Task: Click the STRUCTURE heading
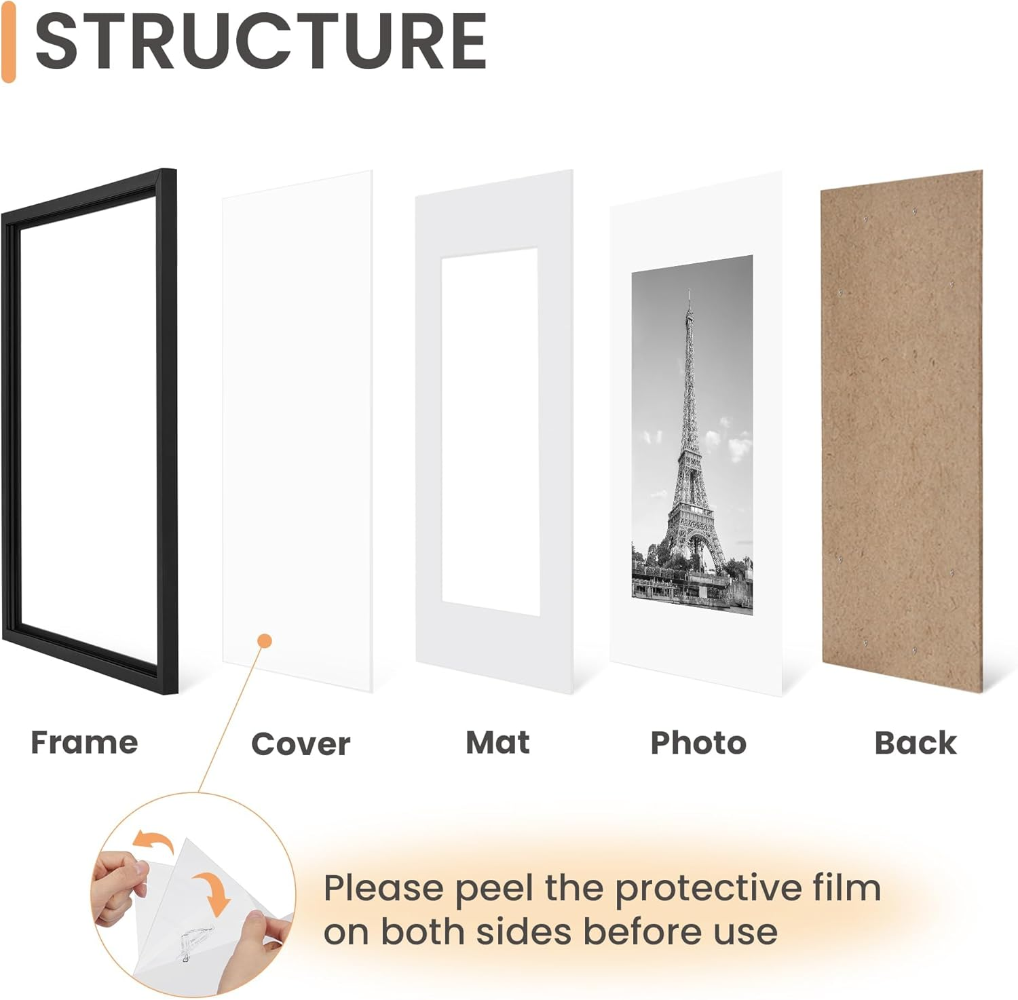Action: pyautogui.click(x=261, y=42)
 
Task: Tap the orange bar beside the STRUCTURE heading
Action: pyautogui.click(x=8, y=42)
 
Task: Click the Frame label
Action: pyautogui.click(x=84, y=742)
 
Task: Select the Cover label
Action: pyautogui.click(x=301, y=744)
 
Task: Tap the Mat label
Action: pyautogui.click(x=497, y=742)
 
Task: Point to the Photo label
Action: pyautogui.click(x=698, y=743)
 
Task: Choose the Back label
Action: pyautogui.click(x=916, y=743)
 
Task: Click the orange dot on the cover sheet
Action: pyautogui.click(x=265, y=640)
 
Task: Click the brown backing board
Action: pyautogui.click(x=903, y=434)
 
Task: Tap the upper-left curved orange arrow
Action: pyautogui.click(x=152, y=842)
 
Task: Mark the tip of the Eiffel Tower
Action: pyautogui.click(x=688, y=292)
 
